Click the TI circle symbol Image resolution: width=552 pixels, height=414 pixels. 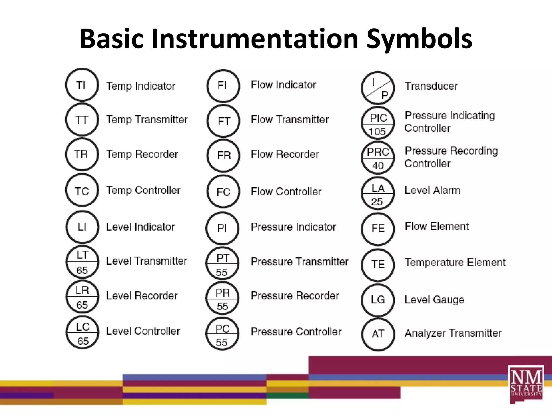pos(82,85)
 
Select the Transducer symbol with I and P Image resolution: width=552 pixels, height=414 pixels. pos(378,88)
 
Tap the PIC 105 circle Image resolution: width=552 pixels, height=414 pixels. pos(378,123)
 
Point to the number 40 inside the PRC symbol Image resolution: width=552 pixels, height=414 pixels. pos(378,165)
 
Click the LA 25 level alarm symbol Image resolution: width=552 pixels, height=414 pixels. pos(378,193)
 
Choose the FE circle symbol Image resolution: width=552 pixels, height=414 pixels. pos(378,229)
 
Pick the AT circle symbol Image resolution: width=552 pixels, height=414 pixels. pos(378,334)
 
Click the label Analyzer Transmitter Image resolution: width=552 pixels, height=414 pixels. pos(453,333)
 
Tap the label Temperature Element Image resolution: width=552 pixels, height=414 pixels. pos(455,262)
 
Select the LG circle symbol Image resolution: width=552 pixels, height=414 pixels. pos(378,300)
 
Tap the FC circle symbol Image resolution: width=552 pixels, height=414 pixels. pos(223,192)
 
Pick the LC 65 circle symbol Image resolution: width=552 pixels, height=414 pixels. pos(82,332)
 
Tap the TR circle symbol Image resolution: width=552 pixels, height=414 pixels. pos(82,154)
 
